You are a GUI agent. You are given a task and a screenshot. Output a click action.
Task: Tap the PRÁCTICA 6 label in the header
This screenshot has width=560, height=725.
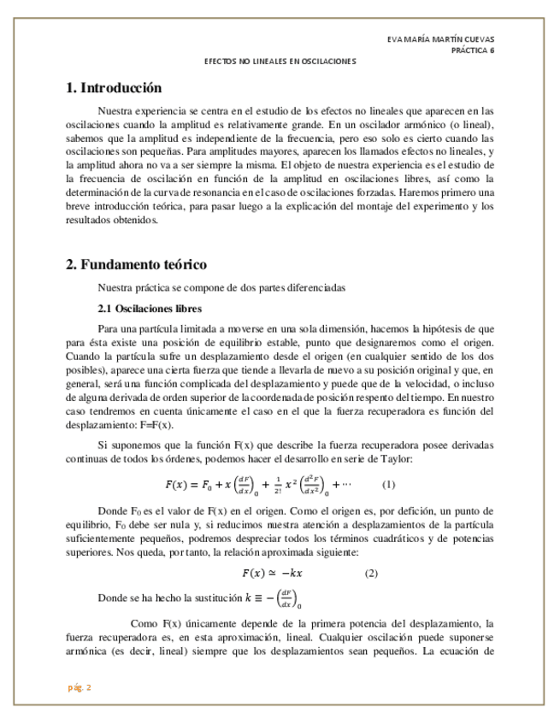pyautogui.click(x=473, y=50)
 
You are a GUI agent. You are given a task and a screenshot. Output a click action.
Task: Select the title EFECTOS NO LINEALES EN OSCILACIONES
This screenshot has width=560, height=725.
pyautogui.click(x=280, y=62)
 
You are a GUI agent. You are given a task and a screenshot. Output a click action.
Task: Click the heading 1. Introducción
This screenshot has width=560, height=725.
pyautogui.click(x=114, y=88)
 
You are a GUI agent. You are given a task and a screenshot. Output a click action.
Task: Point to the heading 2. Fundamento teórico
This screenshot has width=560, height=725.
pyautogui.click(x=136, y=265)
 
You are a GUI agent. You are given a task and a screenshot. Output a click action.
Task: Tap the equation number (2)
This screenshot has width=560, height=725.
pyautogui.click(x=370, y=573)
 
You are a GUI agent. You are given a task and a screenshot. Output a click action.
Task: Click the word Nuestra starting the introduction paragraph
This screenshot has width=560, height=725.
pyautogui.click(x=115, y=110)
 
